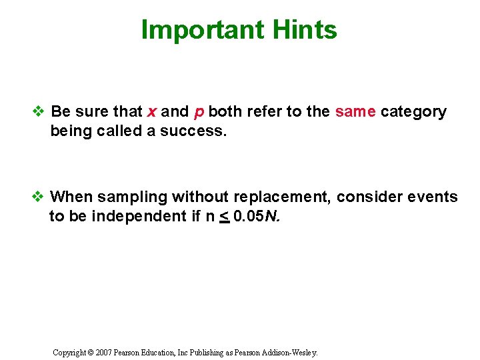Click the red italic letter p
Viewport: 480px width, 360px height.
tap(199, 112)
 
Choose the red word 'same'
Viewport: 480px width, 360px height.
tap(355, 111)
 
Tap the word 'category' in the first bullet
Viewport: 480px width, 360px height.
tap(413, 112)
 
